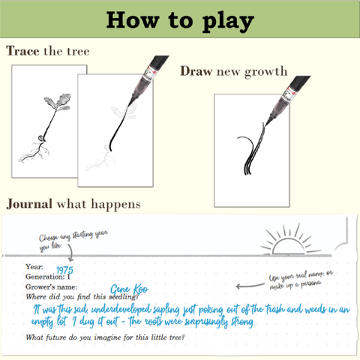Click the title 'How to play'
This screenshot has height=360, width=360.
(179, 21)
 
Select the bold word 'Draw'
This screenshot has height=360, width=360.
(196, 71)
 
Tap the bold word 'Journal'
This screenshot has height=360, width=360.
(29, 204)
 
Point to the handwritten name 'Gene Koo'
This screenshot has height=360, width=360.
(129, 289)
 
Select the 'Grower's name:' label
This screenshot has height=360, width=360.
(51, 286)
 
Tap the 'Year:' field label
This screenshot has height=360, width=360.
(34, 265)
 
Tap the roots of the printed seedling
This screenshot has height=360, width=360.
(36, 146)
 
